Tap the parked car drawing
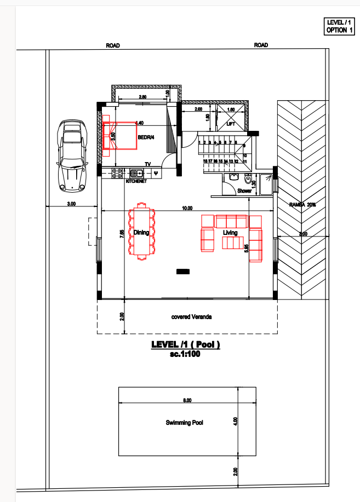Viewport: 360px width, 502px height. pos(72,156)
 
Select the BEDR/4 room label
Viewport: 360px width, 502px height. pos(146,137)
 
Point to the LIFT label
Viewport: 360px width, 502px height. pos(231,124)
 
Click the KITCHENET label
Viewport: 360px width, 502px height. pos(136,181)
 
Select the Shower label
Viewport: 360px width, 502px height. pos(244,191)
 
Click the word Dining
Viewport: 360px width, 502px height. pos(141,233)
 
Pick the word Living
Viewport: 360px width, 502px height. pos(230,233)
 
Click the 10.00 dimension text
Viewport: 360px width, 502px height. pos(187,208)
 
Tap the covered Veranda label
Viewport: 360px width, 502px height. pos(191,317)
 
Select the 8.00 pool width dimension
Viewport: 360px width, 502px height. pos(187,401)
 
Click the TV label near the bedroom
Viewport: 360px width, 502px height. pos(147,164)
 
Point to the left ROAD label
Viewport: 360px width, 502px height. pos(113,45)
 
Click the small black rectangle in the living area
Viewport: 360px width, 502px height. pos(182,272)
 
